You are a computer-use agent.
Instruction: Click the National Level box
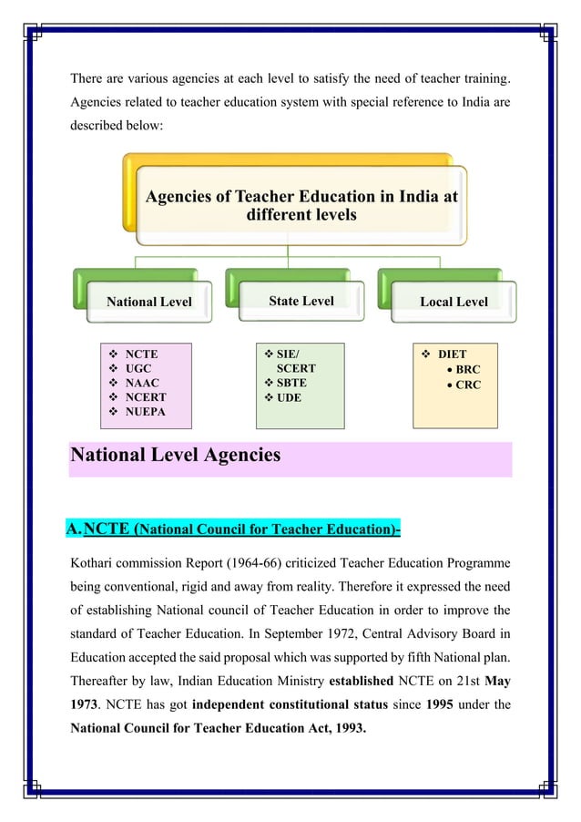click(x=149, y=302)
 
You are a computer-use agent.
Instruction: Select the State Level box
click(x=301, y=301)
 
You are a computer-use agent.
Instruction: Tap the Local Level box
click(x=454, y=302)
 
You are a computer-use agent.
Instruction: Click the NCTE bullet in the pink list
click(x=141, y=354)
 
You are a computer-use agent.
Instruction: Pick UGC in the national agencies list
click(x=138, y=368)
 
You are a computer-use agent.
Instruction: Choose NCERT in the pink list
click(x=146, y=397)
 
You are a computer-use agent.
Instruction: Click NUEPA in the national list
click(x=146, y=412)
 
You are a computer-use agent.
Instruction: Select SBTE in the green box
click(x=291, y=383)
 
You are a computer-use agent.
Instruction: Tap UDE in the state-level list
click(x=289, y=397)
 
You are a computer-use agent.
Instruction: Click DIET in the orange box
click(x=452, y=354)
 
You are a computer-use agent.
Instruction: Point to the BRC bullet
click(x=468, y=369)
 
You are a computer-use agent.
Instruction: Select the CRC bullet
click(x=468, y=385)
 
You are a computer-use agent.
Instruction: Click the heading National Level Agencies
click(x=175, y=454)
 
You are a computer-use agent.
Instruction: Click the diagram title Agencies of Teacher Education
click(x=301, y=205)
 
